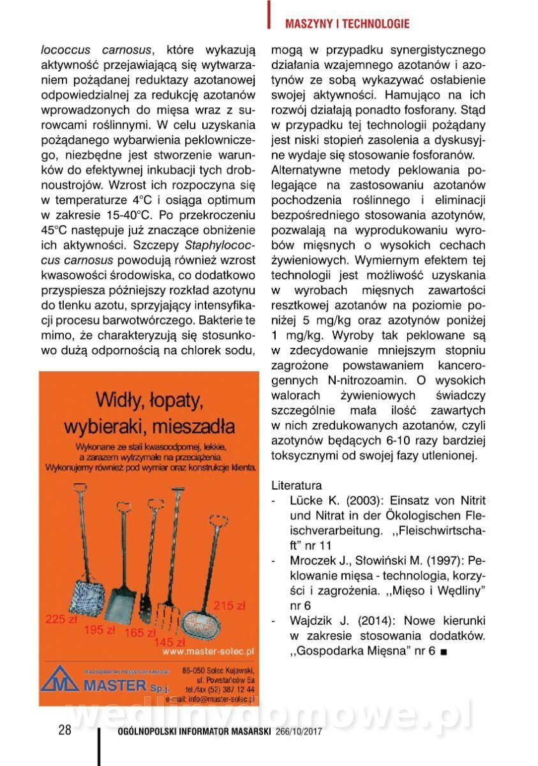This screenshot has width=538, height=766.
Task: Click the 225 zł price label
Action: [x=61, y=619]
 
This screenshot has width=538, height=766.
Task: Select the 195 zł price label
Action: [x=99, y=630]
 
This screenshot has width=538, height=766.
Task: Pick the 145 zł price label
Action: [x=169, y=642]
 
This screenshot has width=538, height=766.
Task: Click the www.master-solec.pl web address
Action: [x=208, y=652]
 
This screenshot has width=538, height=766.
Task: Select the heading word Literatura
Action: [x=297, y=485]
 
